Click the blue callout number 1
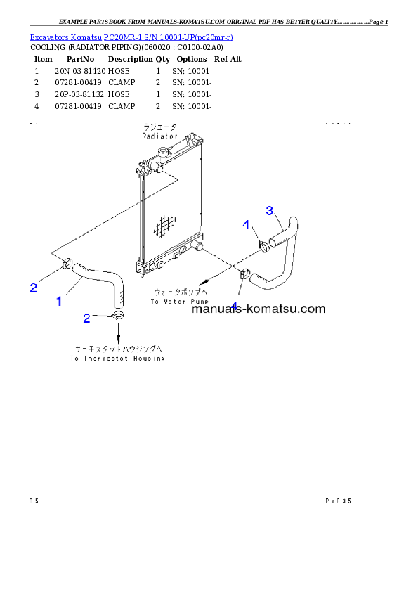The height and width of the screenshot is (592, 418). [x=59, y=301]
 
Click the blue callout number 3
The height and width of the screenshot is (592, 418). [x=269, y=210]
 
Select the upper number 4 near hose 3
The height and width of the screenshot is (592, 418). [x=246, y=224]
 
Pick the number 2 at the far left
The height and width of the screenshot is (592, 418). [x=33, y=287]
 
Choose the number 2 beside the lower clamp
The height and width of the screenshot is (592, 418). [x=86, y=318]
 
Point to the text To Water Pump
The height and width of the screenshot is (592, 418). [x=178, y=301]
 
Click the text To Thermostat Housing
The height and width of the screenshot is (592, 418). [x=117, y=358]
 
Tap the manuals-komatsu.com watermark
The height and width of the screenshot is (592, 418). [x=258, y=308]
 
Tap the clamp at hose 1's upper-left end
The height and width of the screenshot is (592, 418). [x=67, y=264]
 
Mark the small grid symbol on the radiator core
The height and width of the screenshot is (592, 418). [x=163, y=226]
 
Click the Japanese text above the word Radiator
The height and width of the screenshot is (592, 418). [x=160, y=128]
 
